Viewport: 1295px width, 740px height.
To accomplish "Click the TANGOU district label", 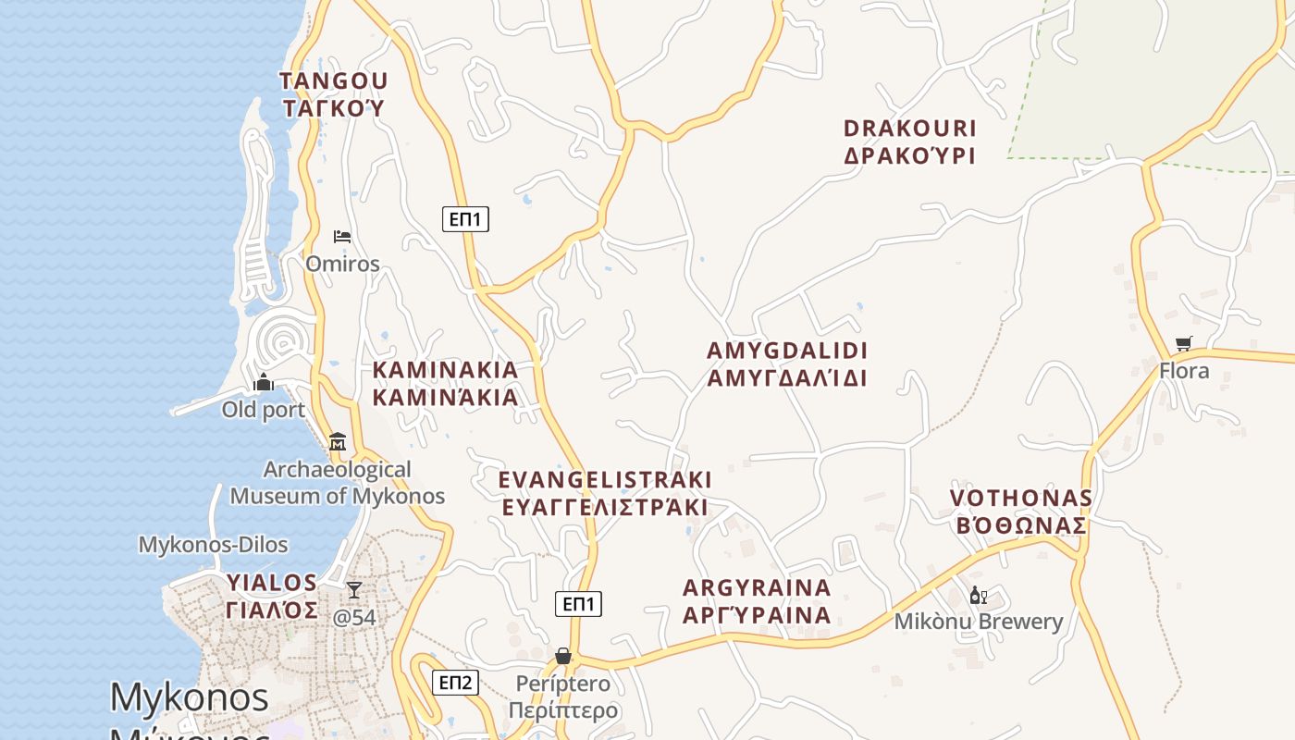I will tap(333, 94).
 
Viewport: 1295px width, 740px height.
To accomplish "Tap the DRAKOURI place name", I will tap(909, 142).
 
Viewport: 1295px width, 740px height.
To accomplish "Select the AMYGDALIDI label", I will tap(787, 364).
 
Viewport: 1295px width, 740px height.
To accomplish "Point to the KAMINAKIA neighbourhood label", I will tap(445, 384).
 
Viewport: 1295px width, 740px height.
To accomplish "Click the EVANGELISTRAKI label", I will tap(605, 493).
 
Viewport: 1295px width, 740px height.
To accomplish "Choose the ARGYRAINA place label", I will tap(757, 601).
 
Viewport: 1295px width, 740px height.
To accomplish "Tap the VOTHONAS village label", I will tap(1020, 512).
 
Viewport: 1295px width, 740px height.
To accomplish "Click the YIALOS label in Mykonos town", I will tap(272, 597).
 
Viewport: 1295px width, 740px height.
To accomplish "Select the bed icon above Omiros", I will tap(342, 237).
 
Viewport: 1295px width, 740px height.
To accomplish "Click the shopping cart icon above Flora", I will tap(1183, 344).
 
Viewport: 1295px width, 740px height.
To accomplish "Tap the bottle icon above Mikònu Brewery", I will tap(978, 595).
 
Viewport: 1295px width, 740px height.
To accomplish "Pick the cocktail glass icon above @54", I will tap(353, 589).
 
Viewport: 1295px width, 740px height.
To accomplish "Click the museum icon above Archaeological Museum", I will tap(337, 442).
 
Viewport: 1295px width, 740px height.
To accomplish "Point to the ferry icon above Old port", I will tap(264, 382).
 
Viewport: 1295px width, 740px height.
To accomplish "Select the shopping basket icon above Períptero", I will tap(562, 656).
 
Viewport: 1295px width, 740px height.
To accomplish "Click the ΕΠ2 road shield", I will tap(455, 683).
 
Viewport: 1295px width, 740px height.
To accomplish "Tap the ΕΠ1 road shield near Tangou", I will tap(465, 219).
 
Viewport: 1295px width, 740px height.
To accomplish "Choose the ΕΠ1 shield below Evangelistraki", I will tap(578, 604).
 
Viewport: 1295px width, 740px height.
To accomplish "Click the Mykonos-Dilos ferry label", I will tap(213, 545).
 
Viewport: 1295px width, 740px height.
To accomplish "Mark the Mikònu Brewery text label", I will tap(979, 622).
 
